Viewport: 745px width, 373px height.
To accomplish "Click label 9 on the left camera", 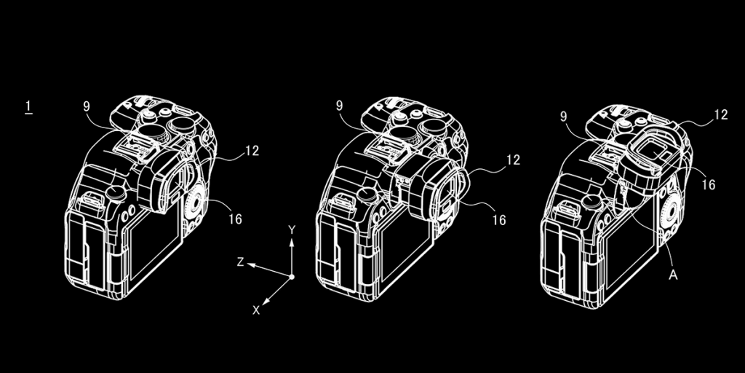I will click(x=87, y=106).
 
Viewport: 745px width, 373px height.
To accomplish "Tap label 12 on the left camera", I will click(x=252, y=152).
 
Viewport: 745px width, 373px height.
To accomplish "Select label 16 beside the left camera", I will click(x=234, y=219).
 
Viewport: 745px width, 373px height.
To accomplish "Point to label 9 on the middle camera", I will click(x=340, y=106).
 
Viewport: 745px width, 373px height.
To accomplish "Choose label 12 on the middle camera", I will click(x=513, y=161).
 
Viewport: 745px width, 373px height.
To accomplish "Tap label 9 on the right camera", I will click(x=564, y=117).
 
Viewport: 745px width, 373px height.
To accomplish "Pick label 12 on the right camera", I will click(x=720, y=114).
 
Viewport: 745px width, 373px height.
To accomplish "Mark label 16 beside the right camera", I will click(x=708, y=185).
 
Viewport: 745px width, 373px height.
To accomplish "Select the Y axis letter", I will click(x=292, y=230).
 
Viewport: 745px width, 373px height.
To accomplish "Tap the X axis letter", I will click(x=256, y=310).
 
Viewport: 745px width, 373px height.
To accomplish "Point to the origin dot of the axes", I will click(x=292, y=278).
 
